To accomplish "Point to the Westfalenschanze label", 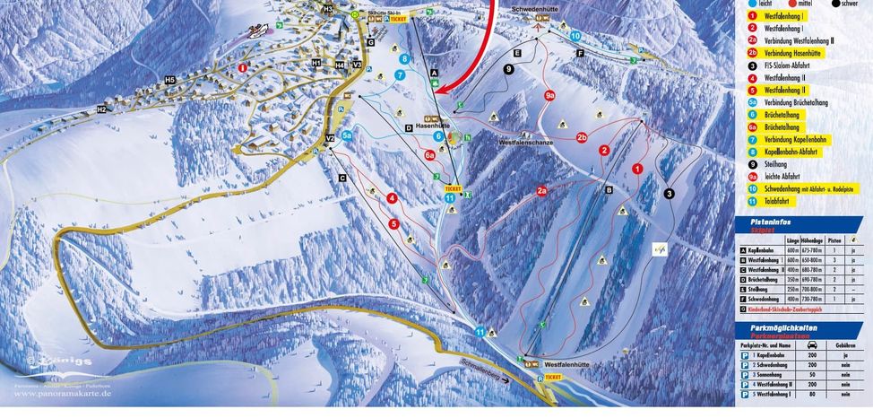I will [x=529, y=141].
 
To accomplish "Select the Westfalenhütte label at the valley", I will [x=570, y=365].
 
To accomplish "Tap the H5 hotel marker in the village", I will [x=169, y=80].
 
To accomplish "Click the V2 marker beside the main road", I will [x=329, y=137].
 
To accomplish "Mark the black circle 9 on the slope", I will [x=509, y=69].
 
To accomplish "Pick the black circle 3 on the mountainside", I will [x=669, y=194].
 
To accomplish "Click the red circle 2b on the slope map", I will [x=582, y=137].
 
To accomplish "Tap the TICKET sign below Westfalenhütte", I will [x=553, y=378].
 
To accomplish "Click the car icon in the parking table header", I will [x=810, y=344].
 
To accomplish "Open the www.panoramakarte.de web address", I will [x=58, y=393].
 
